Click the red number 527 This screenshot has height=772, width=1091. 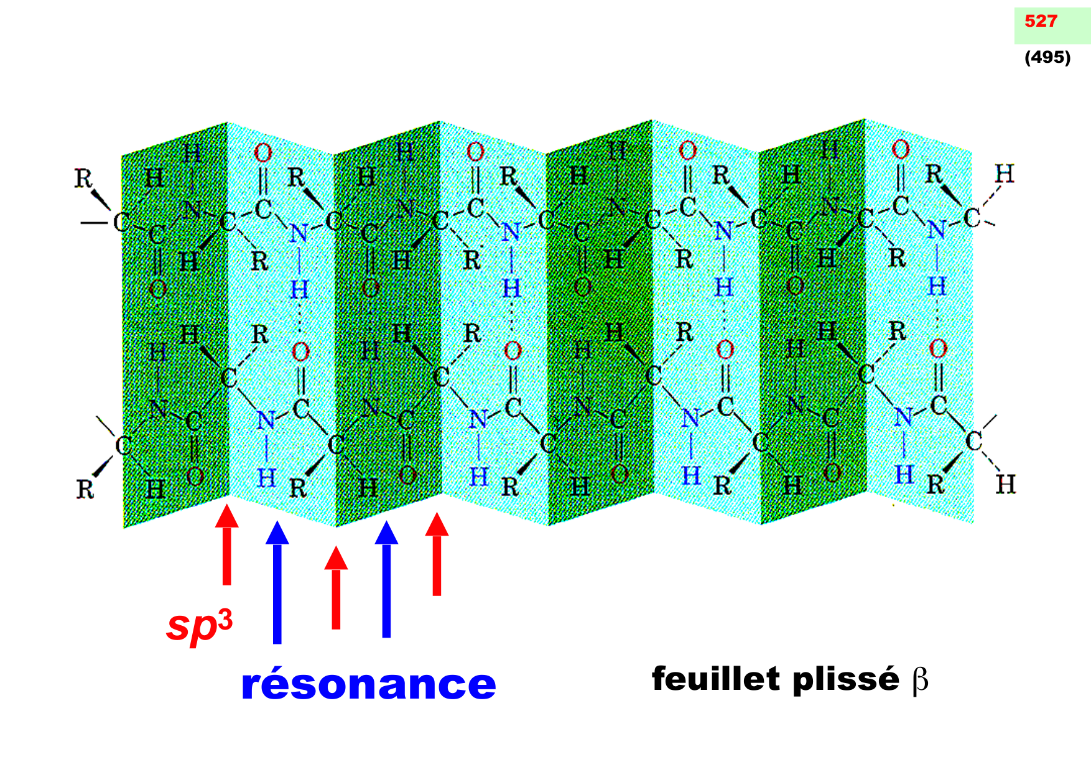pyautogui.click(x=1041, y=21)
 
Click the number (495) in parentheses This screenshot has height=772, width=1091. pyautogui.click(x=1047, y=57)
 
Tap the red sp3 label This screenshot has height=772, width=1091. pyautogui.click(x=200, y=625)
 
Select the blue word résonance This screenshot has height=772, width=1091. pyautogui.click(x=368, y=684)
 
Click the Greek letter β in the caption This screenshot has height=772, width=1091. pyautogui.click(x=921, y=680)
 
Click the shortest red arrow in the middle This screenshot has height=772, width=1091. pyautogui.click(x=336, y=587)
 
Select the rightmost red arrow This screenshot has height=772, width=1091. pyautogui.click(x=437, y=554)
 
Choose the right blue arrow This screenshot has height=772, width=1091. pyautogui.click(x=386, y=579)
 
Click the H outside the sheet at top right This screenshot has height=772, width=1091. pyautogui.click(x=1004, y=174)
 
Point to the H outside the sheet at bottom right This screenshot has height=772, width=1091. pyautogui.click(x=1005, y=484)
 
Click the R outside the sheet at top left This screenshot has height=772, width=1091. pyautogui.click(x=83, y=179)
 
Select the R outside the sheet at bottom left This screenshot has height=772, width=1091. pyautogui.click(x=85, y=489)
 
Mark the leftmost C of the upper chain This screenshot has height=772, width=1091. pyautogui.click(x=121, y=222)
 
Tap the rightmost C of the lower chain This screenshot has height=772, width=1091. pyautogui.click(x=973, y=441)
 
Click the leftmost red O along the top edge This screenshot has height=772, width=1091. pyautogui.click(x=262, y=152)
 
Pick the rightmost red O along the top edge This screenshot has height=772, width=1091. pyautogui.click(x=900, y=149)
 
